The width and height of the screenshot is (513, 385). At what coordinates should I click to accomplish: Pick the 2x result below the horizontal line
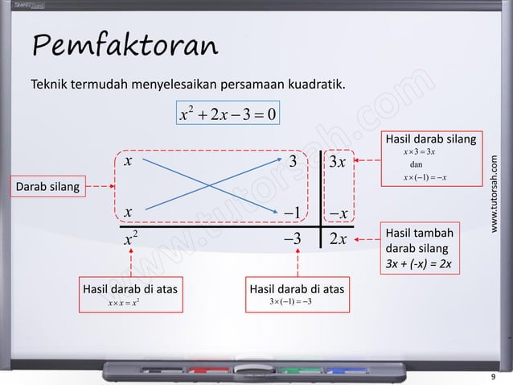336,239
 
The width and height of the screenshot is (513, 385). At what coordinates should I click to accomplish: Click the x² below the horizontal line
130,238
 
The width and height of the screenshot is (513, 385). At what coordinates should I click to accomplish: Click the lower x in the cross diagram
128,212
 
